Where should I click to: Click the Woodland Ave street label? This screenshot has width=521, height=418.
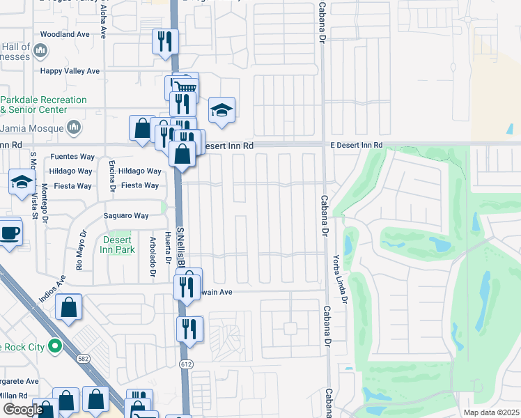pos(65,33)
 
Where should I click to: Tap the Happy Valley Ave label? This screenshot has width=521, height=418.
pos(70,70)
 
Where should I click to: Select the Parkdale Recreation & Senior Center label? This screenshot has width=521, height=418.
pos(43,104)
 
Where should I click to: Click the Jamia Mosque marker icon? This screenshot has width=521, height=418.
pos(73,127)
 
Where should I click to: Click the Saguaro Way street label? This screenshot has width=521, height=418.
pos(127,216)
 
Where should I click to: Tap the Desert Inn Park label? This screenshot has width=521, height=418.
pos(117,245)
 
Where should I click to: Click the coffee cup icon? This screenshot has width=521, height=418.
pos(10,232)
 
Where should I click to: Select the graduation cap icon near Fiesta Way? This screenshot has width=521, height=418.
pos(22,182)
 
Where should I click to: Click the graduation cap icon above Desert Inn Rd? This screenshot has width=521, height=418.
pos(221,110)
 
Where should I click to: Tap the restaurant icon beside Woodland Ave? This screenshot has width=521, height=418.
pos(165,40)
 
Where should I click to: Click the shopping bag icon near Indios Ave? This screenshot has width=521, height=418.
pos(69,307)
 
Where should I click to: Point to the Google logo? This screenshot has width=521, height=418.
pos(22,410)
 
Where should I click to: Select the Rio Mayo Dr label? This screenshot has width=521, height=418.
pos(81,251)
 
